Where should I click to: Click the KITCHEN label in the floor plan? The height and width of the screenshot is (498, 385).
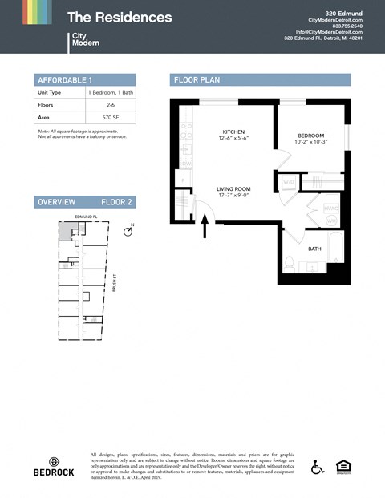coord(233,132)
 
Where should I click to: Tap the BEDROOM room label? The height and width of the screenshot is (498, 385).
coord(310,136)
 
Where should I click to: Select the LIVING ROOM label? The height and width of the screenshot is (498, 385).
coord(233,189)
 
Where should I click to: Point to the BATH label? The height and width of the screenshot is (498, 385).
coord(315,249)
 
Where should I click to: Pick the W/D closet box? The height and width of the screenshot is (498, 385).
coord(288,181)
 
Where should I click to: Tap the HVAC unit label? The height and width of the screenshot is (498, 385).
coord(331,209)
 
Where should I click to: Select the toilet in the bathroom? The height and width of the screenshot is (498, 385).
coord(290,261)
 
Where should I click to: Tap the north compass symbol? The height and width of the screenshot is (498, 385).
coord(128,231)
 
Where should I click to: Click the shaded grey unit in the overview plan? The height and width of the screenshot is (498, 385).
coord(65,230)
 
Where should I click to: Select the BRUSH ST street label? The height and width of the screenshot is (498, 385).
coord(115,283)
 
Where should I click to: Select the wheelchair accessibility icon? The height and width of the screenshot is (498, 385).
coord(318,467)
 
